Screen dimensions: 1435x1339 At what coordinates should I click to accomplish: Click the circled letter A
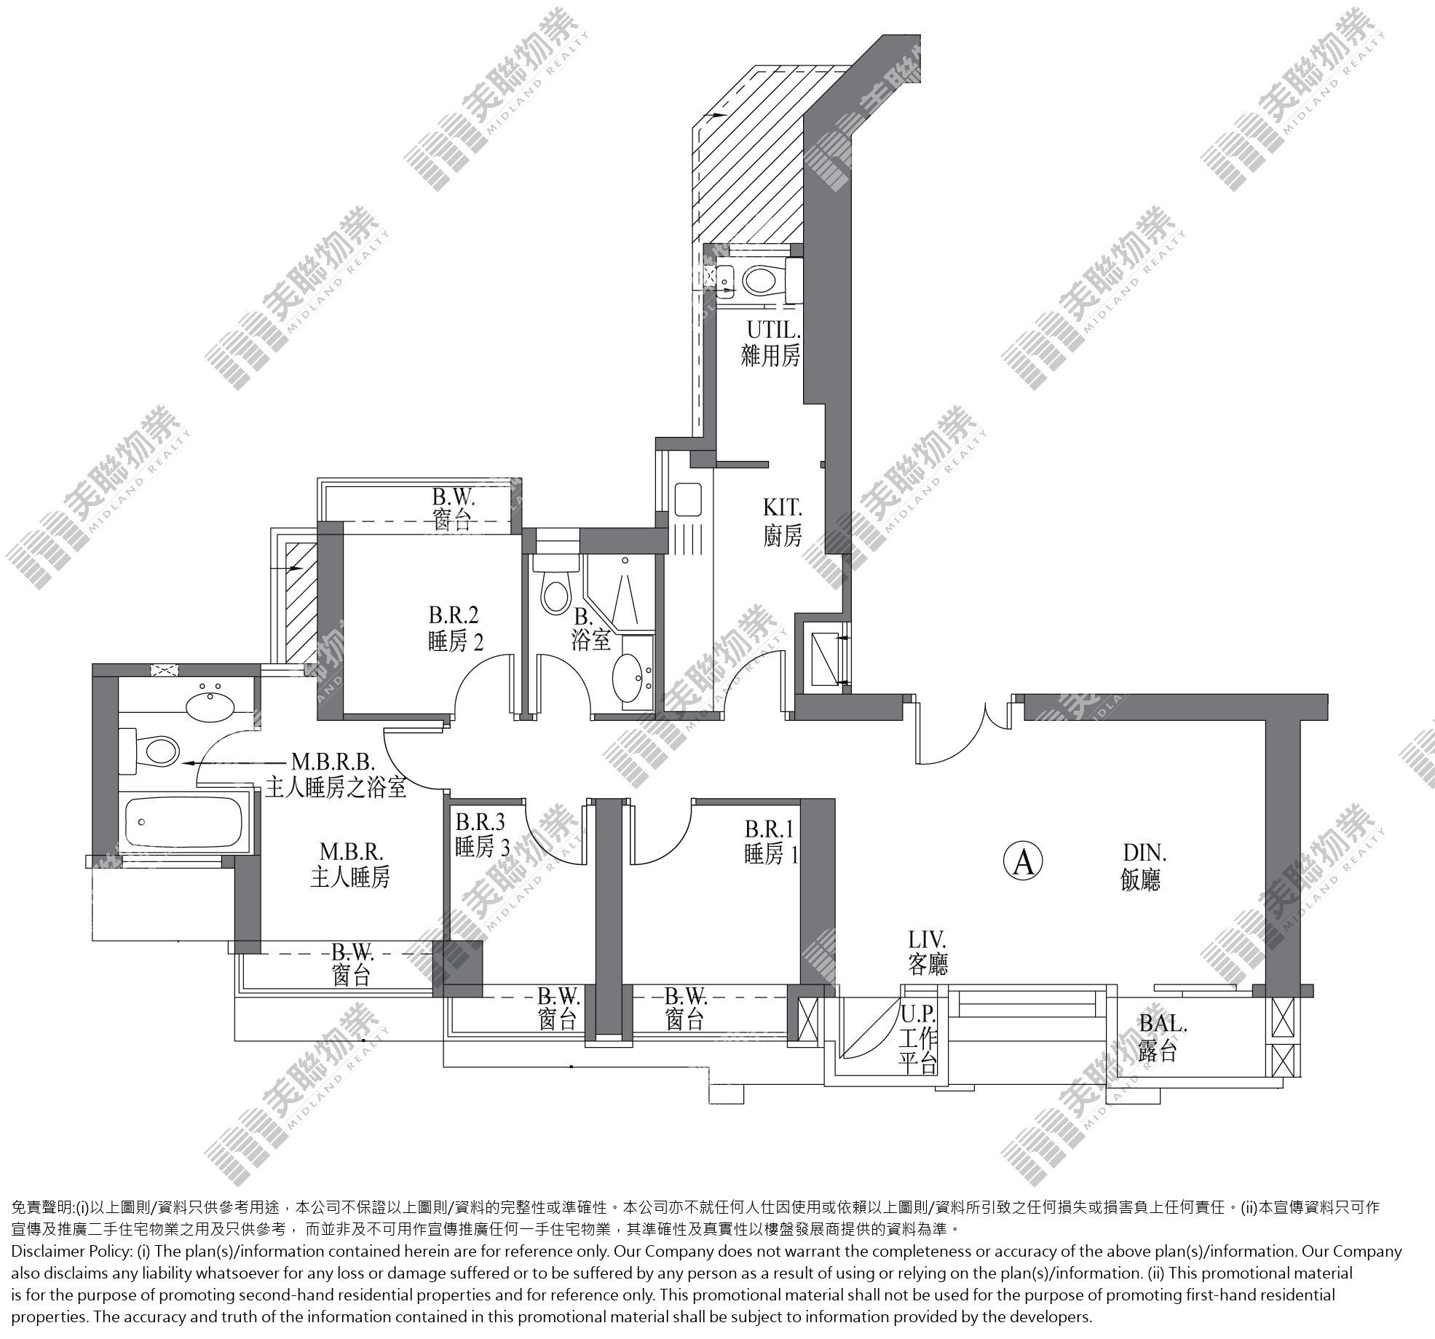coord(1023,862)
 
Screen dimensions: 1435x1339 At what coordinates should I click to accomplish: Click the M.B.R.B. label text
coord(333,762)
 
